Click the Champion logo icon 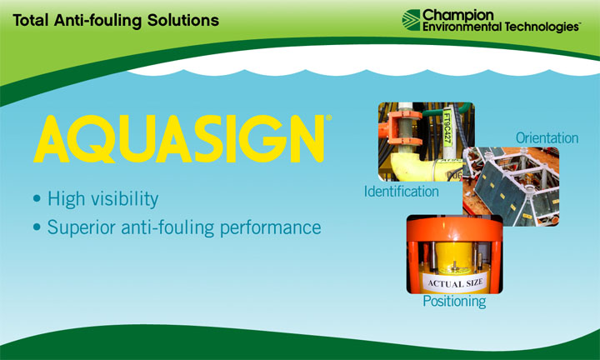click(x=411, y=20)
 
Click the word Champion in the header click(x=458, y=15)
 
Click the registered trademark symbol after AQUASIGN click(x=328, y=117)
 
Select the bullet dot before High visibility click(x=37, y=198)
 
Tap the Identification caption click(x=402, y=192)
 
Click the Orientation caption click(x=547, y=137)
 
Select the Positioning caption click(x=454, y=301)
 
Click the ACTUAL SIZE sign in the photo click(x=455, y=282)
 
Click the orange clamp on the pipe click(x=400, y=129)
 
